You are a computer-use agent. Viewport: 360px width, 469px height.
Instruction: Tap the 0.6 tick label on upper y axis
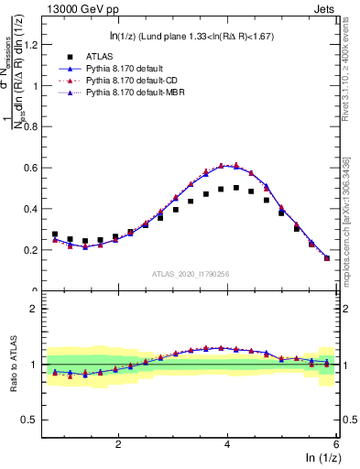(34, 168)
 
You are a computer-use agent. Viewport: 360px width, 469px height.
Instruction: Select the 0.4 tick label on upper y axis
(34, 209)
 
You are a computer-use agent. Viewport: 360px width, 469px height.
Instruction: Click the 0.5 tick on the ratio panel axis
(34, 420)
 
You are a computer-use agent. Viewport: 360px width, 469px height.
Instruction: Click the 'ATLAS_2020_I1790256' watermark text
(190, 274)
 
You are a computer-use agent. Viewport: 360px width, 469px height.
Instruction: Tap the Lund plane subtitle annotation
(189, 37)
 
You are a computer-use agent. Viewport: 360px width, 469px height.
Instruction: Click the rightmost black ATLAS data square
(327, 258)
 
